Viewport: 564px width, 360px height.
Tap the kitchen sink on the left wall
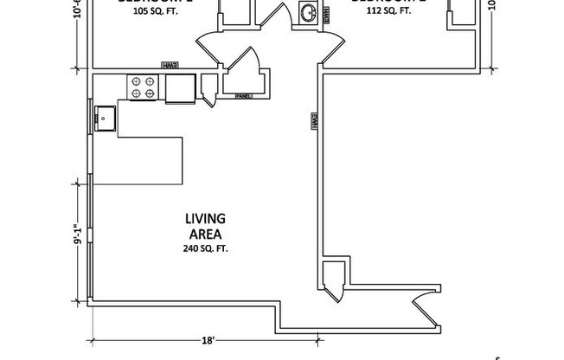[106, 118]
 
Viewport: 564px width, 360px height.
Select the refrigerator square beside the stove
[180, 87]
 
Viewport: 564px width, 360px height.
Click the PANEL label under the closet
[243, 96]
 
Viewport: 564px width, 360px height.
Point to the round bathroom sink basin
[308, 12]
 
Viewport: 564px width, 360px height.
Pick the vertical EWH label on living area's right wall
[314, 122]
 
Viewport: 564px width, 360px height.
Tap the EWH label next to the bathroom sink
[325, 15]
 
